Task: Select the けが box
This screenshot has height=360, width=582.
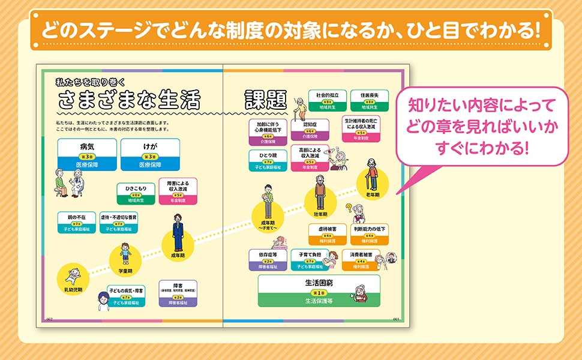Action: [150, 154]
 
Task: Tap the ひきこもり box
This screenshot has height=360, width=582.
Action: [136, 192]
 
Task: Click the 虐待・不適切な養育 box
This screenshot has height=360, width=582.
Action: [118, 222]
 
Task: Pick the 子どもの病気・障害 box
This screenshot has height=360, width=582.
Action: [127, 296]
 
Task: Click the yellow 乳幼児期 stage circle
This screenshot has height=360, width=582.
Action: [73, 280]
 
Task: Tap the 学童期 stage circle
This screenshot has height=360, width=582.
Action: [125, 259]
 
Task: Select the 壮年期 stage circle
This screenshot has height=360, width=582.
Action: [319, 201]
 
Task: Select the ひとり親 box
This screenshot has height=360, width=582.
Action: [267, 159]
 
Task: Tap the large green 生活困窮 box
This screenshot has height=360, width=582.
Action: [319, 290]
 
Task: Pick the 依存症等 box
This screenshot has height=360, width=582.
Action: [266, 259]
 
